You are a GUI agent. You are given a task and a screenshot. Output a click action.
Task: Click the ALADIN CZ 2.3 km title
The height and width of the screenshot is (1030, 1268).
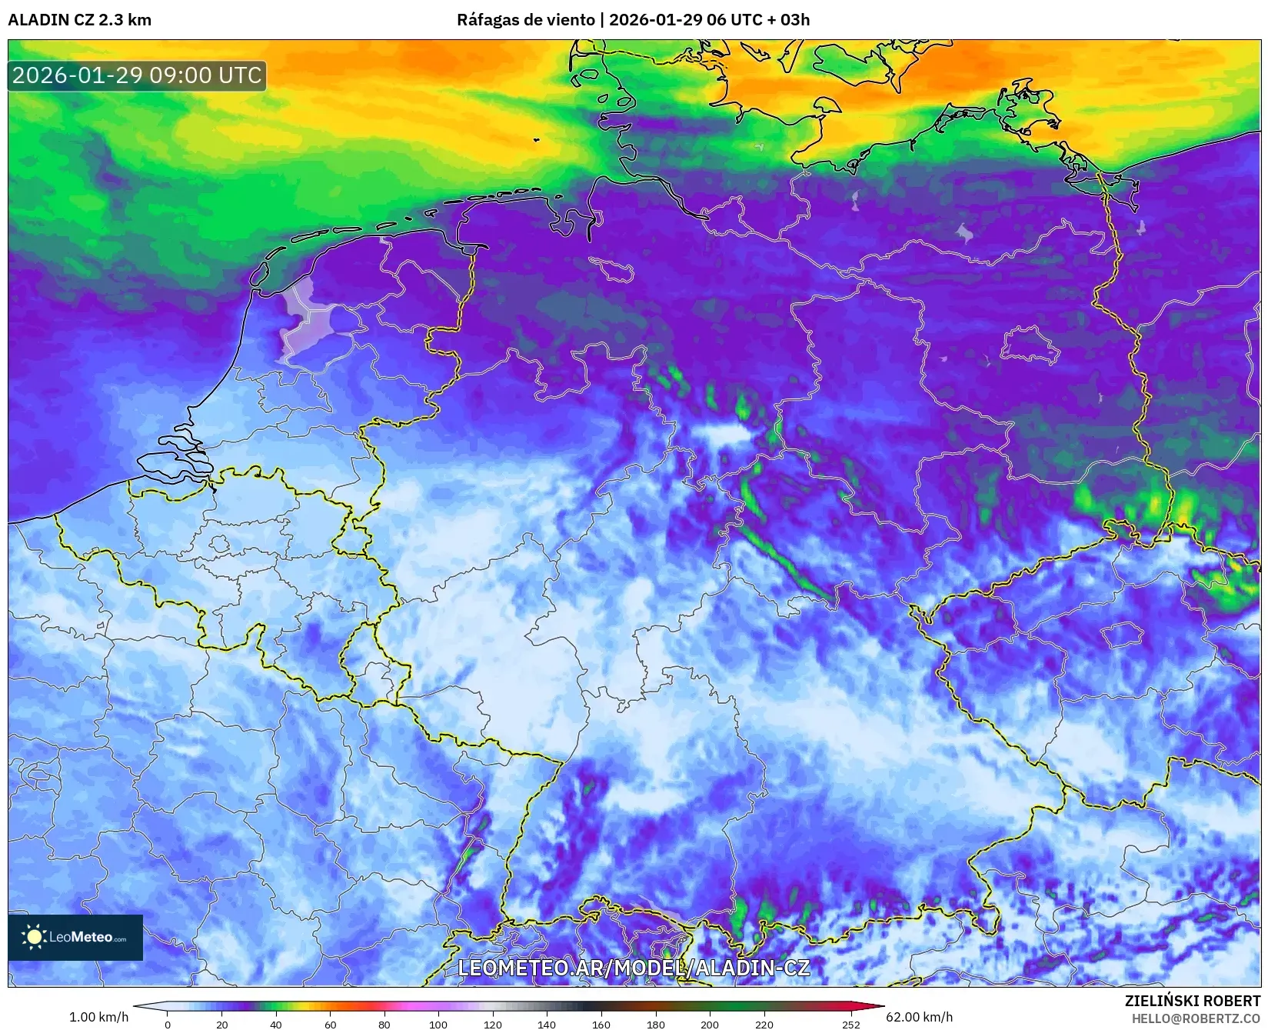79,20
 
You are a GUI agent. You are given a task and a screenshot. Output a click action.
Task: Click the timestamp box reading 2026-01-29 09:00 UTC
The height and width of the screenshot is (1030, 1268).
137,75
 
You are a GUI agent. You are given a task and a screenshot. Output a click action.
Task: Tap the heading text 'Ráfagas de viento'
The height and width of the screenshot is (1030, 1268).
525,20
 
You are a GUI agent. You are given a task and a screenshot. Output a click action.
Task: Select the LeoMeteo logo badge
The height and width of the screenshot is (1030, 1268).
75,937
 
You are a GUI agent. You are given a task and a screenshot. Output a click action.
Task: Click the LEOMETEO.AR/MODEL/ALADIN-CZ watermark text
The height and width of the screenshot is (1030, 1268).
634,968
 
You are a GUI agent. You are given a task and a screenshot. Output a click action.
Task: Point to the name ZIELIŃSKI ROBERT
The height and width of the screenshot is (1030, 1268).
1193,1001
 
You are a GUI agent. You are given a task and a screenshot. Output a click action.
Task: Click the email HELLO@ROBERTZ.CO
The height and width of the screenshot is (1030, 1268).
1196,1018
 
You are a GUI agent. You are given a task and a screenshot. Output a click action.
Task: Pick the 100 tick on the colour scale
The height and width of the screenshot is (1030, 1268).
438,1024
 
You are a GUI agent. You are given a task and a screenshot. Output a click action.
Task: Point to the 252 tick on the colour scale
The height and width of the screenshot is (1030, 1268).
850,1024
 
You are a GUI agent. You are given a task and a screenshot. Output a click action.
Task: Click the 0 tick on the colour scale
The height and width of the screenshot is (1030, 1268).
168,1024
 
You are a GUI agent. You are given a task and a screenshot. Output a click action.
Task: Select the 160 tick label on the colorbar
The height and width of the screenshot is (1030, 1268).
601,1024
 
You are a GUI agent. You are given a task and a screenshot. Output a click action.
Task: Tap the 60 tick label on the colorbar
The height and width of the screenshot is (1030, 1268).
331,1024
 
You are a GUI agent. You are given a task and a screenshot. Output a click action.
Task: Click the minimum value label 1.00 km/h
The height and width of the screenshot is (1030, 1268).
99,1017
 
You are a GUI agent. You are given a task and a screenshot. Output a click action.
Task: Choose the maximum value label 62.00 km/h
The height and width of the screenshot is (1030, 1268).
919,1017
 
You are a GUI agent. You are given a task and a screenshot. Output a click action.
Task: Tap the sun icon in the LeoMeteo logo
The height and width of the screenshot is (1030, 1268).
34,936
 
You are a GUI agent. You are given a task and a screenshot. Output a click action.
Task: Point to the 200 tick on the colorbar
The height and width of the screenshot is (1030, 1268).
710,1024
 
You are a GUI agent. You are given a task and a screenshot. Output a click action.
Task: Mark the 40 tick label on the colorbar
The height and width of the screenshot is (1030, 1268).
276,1024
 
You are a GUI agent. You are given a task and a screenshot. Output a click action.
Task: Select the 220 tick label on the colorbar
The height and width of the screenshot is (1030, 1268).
764,1024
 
